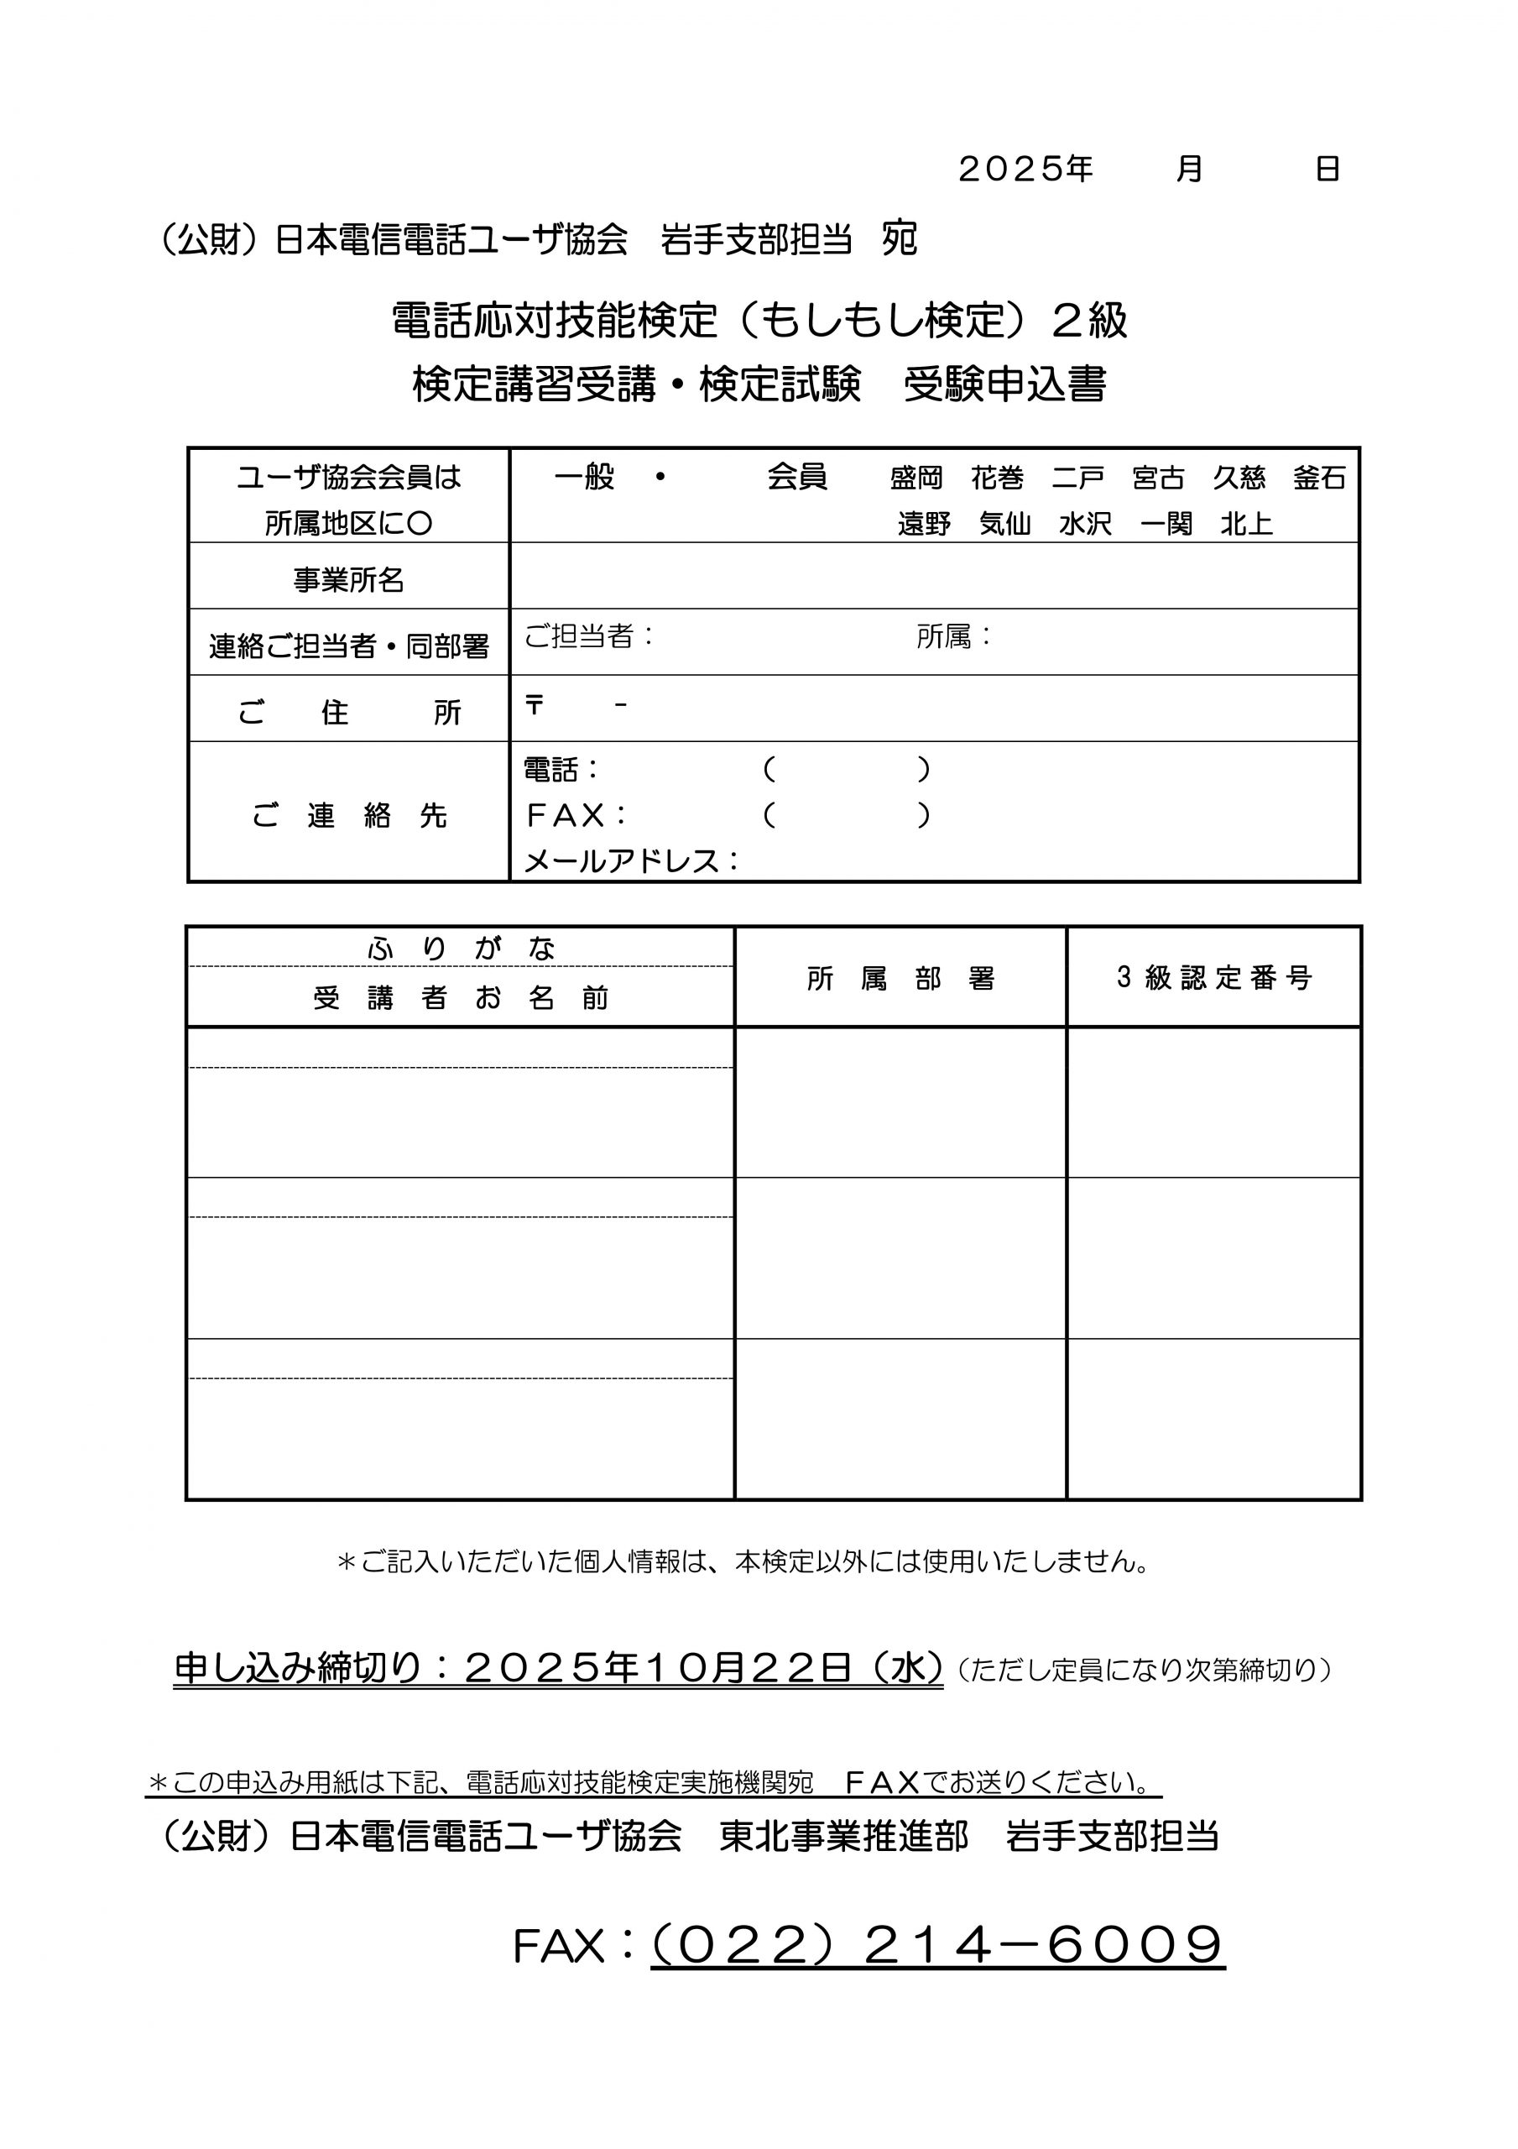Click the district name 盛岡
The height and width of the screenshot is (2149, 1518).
click(x=915, y=478)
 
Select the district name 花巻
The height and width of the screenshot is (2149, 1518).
click(x=997, y=478)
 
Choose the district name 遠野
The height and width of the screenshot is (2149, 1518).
click(x=924, y=524)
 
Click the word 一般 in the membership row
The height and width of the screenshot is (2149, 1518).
click(x=584, y=478)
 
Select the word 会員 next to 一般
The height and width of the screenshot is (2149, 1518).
click(x=796, y=478)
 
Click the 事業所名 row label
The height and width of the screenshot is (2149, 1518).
click(x=348, y=580)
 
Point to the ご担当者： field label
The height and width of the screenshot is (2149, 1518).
click(x=589, y=636)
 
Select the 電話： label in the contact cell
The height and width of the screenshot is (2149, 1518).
click(x=561, y=771)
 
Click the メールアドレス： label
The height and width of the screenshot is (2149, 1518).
click(x=632, y=861)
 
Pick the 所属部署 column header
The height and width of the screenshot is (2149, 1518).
click(x=900, y=979)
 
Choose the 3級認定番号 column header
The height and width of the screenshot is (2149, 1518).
click(x=1214, y=978)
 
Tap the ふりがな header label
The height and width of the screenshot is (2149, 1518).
click(x=462, y=949)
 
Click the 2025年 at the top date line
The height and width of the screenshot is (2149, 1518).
click(x=1025, y=170)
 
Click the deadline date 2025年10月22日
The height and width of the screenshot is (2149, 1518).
click(x=658, y=1668)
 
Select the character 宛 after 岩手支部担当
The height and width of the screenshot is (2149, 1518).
click(x=900, y=239)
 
